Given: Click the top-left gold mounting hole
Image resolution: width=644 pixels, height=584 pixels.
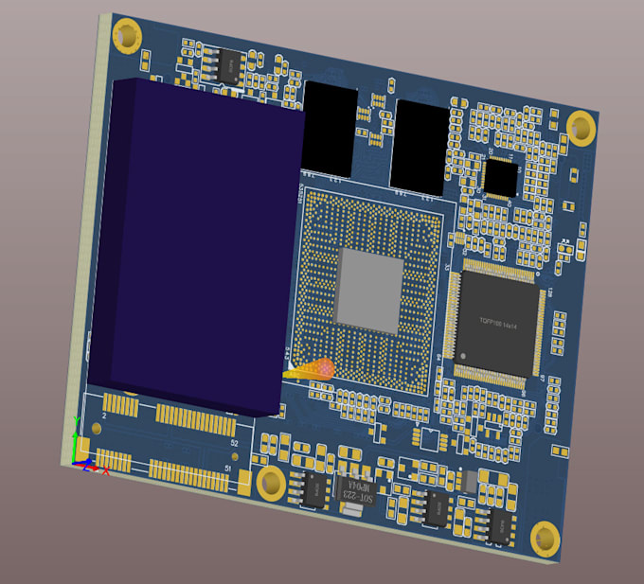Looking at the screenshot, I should [x=127, y=37].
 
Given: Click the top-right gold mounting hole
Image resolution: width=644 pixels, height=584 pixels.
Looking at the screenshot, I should [x=581, y=126].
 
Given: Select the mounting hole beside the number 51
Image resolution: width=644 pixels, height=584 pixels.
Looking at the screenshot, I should [x=271, y=483].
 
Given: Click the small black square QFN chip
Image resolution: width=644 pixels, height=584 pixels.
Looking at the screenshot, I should [x=501, y=176].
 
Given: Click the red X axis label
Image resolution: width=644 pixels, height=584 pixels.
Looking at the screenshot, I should [x=106, y=470].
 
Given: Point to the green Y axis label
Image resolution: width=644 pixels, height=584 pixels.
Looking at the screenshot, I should [x=75, y=436].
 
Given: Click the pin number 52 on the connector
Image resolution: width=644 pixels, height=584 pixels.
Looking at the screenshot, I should [x=234, y=442].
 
